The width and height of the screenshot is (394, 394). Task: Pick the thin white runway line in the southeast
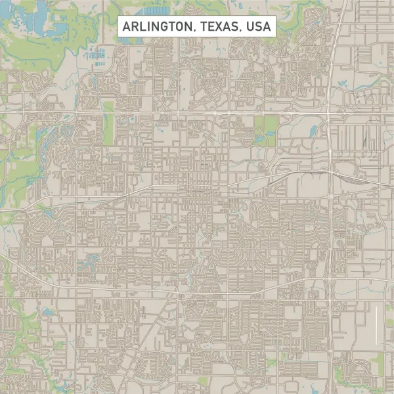tap(376, 326)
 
